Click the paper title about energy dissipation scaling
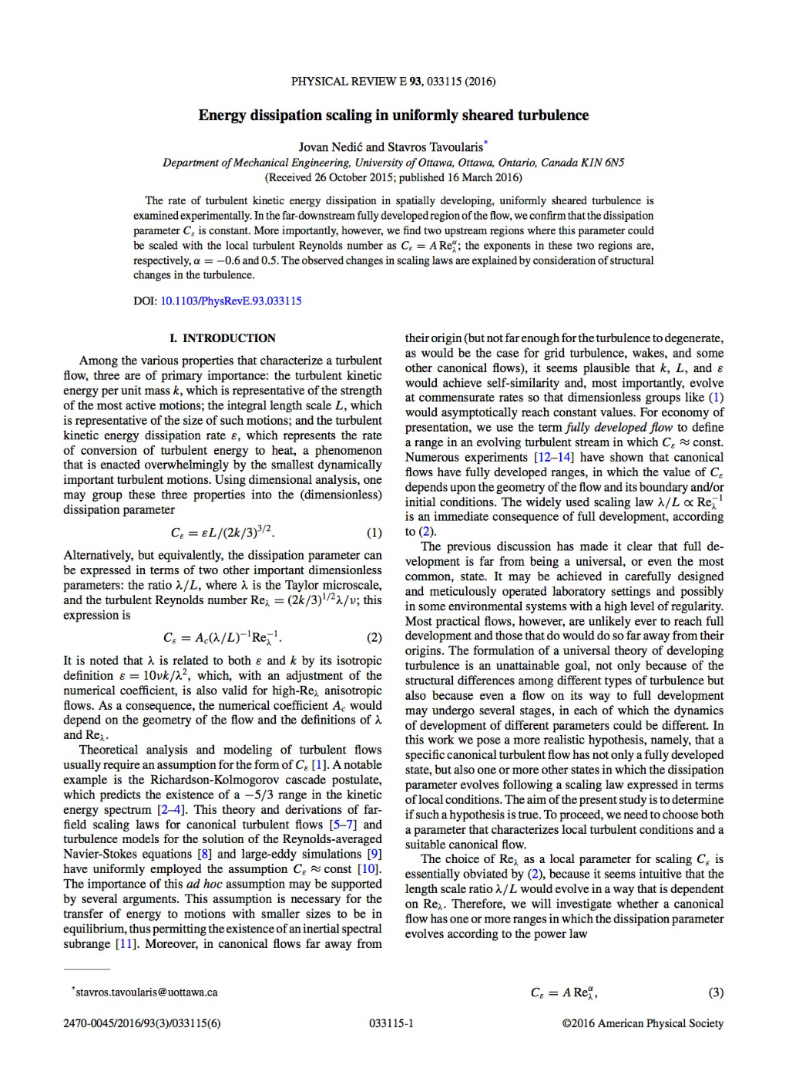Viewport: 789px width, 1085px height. (393, 116)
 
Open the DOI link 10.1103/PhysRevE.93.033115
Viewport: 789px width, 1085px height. (230, 301)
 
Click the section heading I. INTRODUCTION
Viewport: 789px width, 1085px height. (222, 338)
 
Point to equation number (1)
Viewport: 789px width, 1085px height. (374, 532)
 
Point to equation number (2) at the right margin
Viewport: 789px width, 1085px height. (374, 637)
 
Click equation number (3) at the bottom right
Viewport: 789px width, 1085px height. (716, 993)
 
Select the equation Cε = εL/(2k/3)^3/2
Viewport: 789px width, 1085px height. (222, 532)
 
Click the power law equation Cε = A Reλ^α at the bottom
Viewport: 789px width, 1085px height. (564, 993)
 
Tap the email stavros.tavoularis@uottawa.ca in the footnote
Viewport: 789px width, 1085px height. (146, 993)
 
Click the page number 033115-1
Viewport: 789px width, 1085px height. (391, 1023)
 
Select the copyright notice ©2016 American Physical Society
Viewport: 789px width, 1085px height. (643, 1023)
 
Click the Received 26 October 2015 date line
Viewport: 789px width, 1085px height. (393, 177)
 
